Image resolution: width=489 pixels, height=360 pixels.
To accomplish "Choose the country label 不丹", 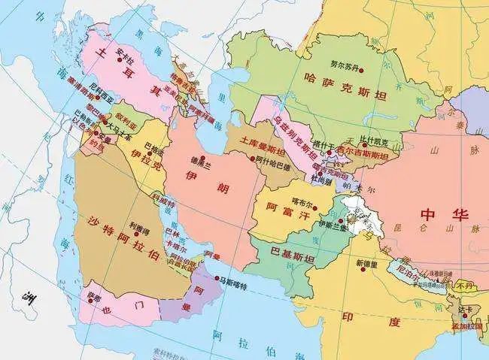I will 461,285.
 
